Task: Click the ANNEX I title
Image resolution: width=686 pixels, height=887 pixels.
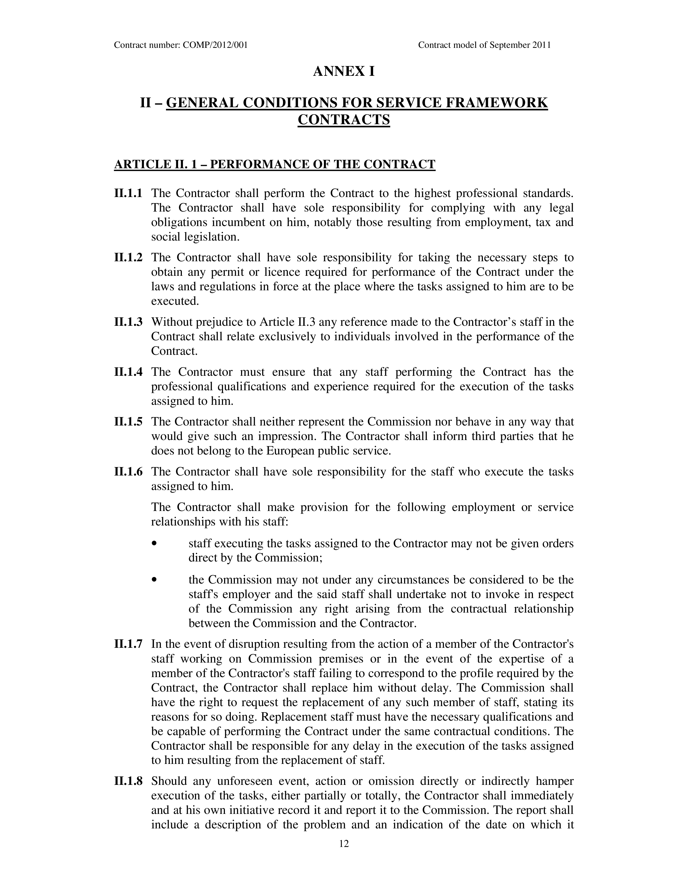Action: [x=344, y=71]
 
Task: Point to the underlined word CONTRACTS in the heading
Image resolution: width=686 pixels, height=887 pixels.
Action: [x=344, y=120]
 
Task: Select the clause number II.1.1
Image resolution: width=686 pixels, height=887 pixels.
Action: [x=128, y=193]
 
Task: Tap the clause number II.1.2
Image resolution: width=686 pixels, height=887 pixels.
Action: [x=128, y=257]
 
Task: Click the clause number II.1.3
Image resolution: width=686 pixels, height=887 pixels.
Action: [x=128, y=322]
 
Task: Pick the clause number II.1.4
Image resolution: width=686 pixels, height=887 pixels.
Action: [x=128, y=372]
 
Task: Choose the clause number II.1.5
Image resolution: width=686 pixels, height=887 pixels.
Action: [x=128, y=422]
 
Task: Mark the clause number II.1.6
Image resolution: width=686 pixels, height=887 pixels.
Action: [x=128, y=472]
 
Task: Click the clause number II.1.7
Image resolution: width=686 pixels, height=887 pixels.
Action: [x=128, y=644]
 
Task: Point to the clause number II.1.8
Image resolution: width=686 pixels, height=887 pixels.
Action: [x=128, y=781]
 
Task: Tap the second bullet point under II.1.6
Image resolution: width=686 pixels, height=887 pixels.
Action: [x=154, y=580]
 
